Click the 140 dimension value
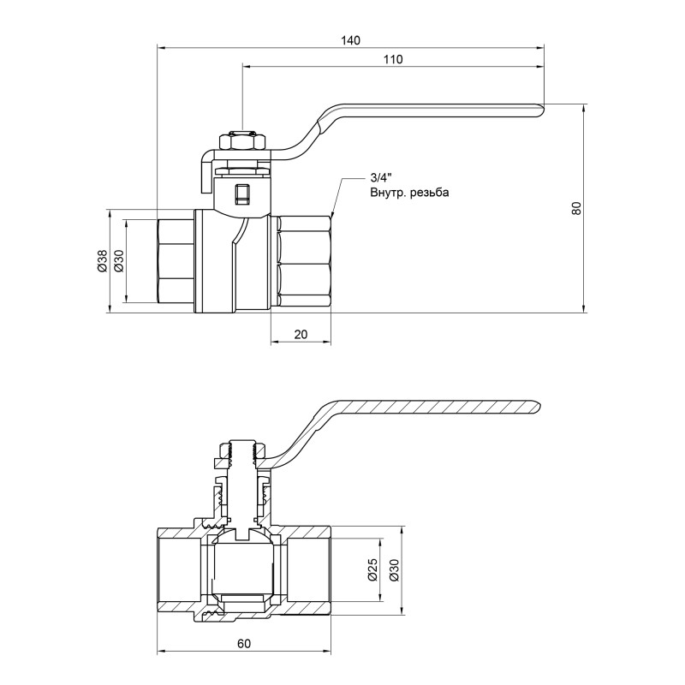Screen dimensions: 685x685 coord(350,40)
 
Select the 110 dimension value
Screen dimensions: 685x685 coord(393,59)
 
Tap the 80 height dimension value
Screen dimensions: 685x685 coord(577,207)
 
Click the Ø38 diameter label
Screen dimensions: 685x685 coord(101,260)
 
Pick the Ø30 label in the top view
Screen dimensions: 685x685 coord(119,260)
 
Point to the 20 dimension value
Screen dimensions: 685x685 coord(301,335)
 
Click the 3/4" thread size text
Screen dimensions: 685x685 coord(379,177)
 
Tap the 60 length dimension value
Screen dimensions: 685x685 coord(244,642)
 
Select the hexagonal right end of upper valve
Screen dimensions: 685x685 coord(305,260)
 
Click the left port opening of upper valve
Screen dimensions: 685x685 coord(175,260)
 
